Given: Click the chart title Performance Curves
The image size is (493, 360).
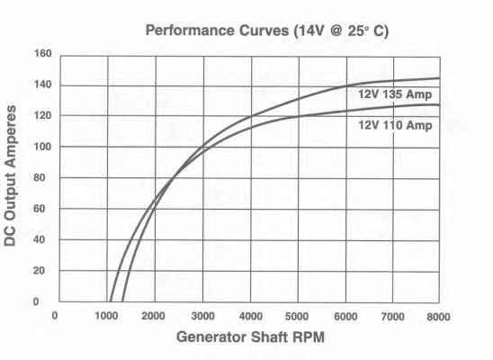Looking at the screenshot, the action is [x=217, y=31].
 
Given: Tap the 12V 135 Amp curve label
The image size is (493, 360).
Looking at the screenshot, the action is [x=395, y=94].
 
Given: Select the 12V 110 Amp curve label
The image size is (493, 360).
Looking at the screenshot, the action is [x=395, y=125].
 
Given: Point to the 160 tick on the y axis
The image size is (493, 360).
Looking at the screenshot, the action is [x=43, y=53].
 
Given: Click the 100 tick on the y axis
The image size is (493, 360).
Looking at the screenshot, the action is [x=43, y=147].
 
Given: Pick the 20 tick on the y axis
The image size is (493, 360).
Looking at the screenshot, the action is [x=39, y=270].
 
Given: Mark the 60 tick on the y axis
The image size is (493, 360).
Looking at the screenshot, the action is [x=39, y=209].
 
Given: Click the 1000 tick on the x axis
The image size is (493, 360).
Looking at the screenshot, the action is [x=106, y=316].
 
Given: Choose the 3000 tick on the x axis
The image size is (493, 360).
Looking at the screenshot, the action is [x=202, y=316].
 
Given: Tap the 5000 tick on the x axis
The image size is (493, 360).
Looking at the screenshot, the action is [x=297, y=316].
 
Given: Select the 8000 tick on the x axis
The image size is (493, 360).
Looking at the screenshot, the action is [x=438, y=316].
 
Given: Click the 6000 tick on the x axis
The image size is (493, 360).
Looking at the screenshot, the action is [x=345, y=316].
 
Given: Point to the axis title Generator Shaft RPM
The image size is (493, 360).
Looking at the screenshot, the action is [x=250, y=337].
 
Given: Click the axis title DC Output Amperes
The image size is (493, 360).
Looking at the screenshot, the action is [x=10, y=175].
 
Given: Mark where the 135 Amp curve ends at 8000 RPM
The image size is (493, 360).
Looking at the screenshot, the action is [x=439, y=78].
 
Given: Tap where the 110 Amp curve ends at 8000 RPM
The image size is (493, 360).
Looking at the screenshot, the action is [x=439, y=105].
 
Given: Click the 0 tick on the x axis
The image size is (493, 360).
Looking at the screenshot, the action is [x=55, y=315].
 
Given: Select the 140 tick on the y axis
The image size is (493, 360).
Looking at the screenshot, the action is [x=43, y=85].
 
